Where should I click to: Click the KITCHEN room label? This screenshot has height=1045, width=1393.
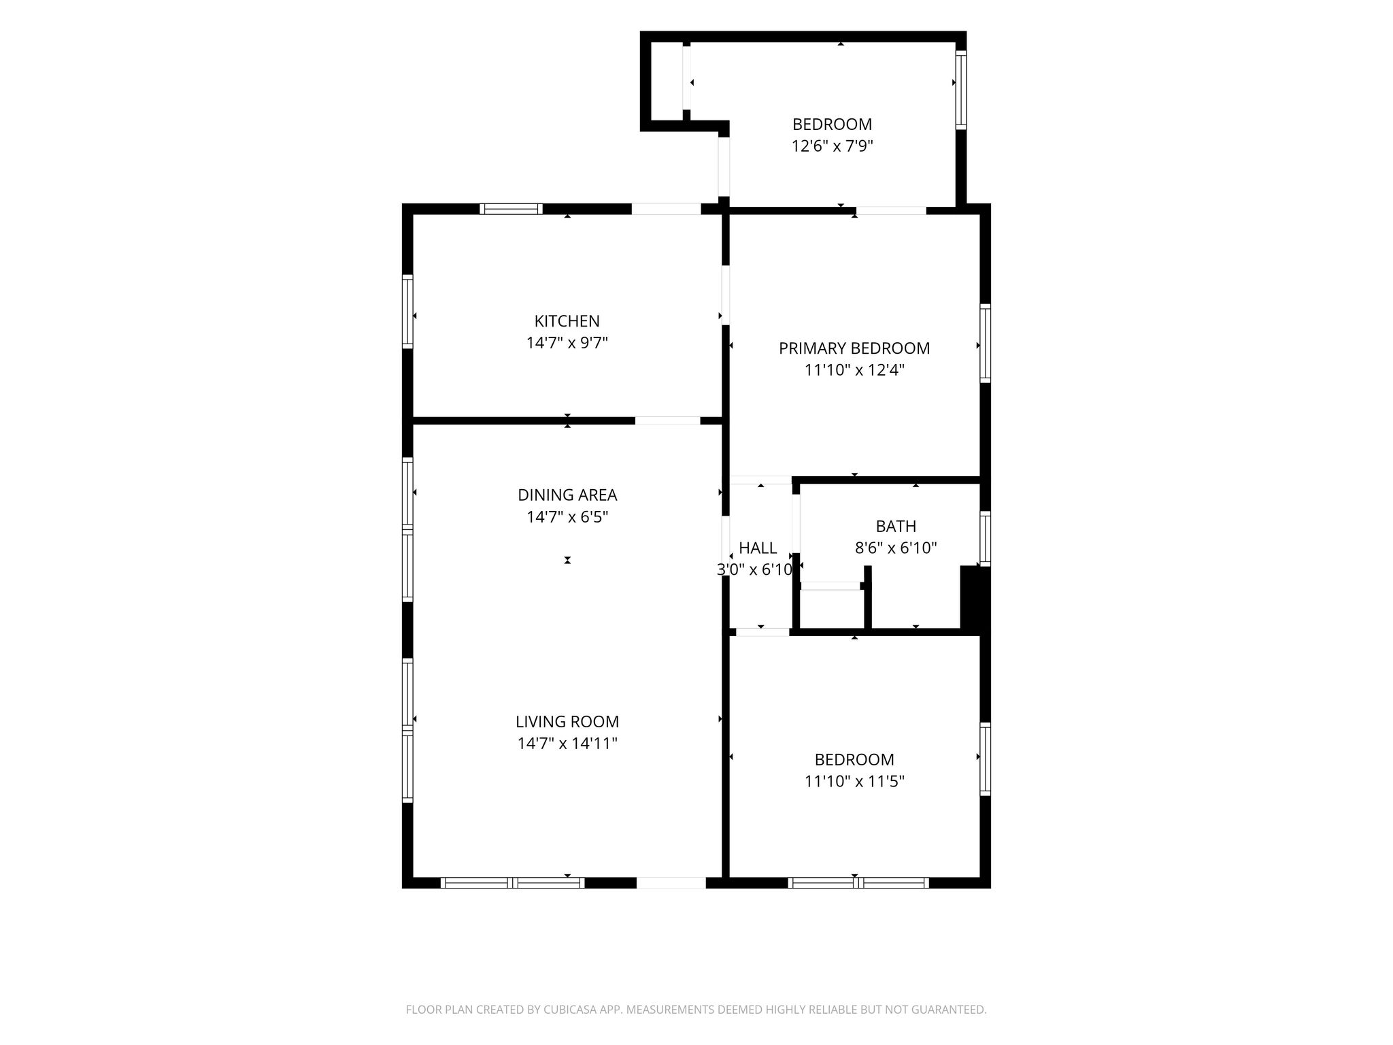567,321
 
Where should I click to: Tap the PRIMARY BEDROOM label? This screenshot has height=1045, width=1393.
854,348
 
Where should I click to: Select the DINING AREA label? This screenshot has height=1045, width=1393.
567,495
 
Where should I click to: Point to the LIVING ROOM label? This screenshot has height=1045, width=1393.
567,722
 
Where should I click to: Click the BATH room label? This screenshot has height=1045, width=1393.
896,527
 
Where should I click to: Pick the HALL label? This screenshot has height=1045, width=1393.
758,548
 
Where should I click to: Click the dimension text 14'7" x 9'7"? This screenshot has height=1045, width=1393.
567,343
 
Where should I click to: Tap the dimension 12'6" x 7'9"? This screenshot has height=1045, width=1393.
832,146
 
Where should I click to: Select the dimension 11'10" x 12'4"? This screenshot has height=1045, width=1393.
854,370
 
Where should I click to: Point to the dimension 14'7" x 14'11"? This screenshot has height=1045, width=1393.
567,744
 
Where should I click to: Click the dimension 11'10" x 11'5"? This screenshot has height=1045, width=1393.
854,782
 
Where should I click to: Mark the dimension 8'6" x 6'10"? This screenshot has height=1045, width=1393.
896,548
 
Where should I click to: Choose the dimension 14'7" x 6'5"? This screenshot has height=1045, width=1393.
567,517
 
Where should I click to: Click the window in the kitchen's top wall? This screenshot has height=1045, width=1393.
511,209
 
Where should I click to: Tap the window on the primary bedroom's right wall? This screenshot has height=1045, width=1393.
985,343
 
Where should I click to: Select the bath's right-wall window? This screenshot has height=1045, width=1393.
985,538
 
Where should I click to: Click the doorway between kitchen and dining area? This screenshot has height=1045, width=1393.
667,420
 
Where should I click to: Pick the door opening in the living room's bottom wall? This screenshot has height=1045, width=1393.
671,882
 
